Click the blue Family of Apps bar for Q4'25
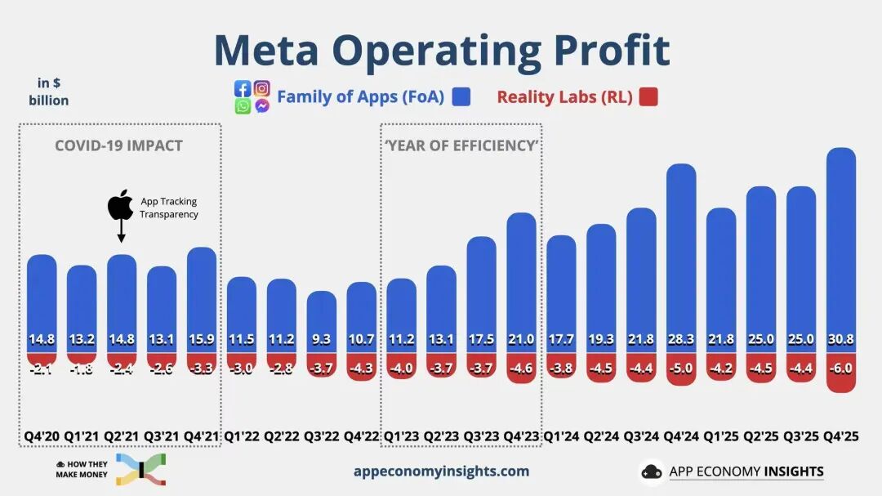click(840, 245)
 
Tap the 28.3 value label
click(681, 340)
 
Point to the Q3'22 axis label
click(321, 436)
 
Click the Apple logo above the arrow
click(120, 205)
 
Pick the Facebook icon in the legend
click(243, 88)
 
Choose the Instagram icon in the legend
click(261, 88)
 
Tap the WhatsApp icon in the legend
click(243, 106)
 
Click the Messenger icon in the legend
click(261, 106)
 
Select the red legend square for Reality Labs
click(648, 97)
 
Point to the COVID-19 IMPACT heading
click(118, 146)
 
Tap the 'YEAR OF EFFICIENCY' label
click(461, 146)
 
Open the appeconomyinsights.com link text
click(441, 471)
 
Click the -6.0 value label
click(840, 369)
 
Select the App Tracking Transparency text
click(168, 208)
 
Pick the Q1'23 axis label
click(401, 436)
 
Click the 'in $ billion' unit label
click(48, 92)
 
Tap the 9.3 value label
click(321, 340)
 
